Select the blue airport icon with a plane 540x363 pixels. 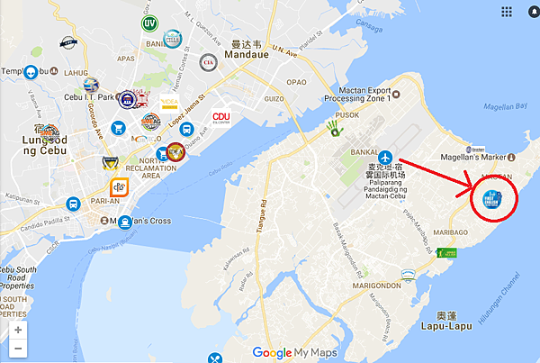point(386,157)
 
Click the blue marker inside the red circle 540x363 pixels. point(491,199)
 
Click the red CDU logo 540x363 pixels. point(221,117)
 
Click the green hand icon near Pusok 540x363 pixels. point(337,131)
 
